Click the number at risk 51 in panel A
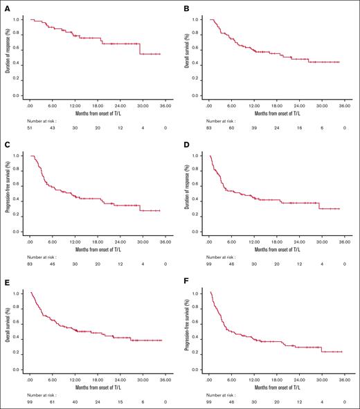pos(30,128)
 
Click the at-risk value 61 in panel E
pos(53,402)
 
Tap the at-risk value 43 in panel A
pos(53,128)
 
